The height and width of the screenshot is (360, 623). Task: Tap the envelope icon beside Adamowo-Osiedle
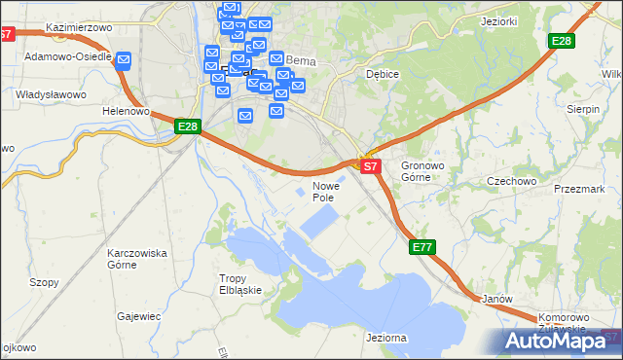coord(124,61)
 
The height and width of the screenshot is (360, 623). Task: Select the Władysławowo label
coord(52,94)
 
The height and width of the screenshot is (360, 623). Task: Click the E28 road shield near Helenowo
coord(188,126)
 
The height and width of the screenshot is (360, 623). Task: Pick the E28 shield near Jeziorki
coord(561,41)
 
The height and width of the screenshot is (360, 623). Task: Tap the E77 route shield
coord(421,248)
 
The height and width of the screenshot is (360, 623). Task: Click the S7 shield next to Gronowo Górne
coord(370,167)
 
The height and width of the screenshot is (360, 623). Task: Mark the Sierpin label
coord(583,110)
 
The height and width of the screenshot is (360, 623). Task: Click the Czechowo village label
coord(512,181)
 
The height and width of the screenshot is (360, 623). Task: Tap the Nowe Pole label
coord(325,191)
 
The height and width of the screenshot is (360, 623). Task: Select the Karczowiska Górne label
coord(137,258)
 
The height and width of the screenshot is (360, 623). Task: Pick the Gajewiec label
coord(138,316)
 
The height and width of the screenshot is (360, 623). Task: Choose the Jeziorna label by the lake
coord(386,337)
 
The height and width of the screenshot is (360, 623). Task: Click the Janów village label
coord(496,299)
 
